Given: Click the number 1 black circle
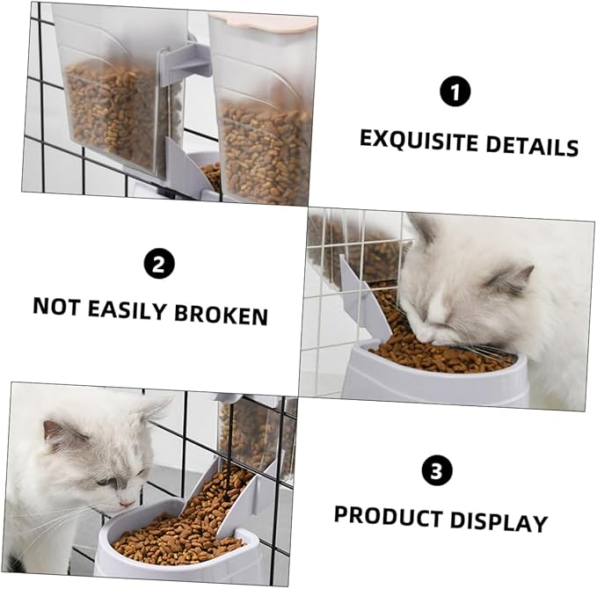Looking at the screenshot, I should pyautogui.click(x=455, y=91).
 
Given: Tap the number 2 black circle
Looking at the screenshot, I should pyautogui.click(x=159, y=264).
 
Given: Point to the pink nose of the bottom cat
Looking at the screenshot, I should pyautogui.click(x=127, y=504).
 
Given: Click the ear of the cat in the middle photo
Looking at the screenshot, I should pyautogui.click(x=513, y=280).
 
